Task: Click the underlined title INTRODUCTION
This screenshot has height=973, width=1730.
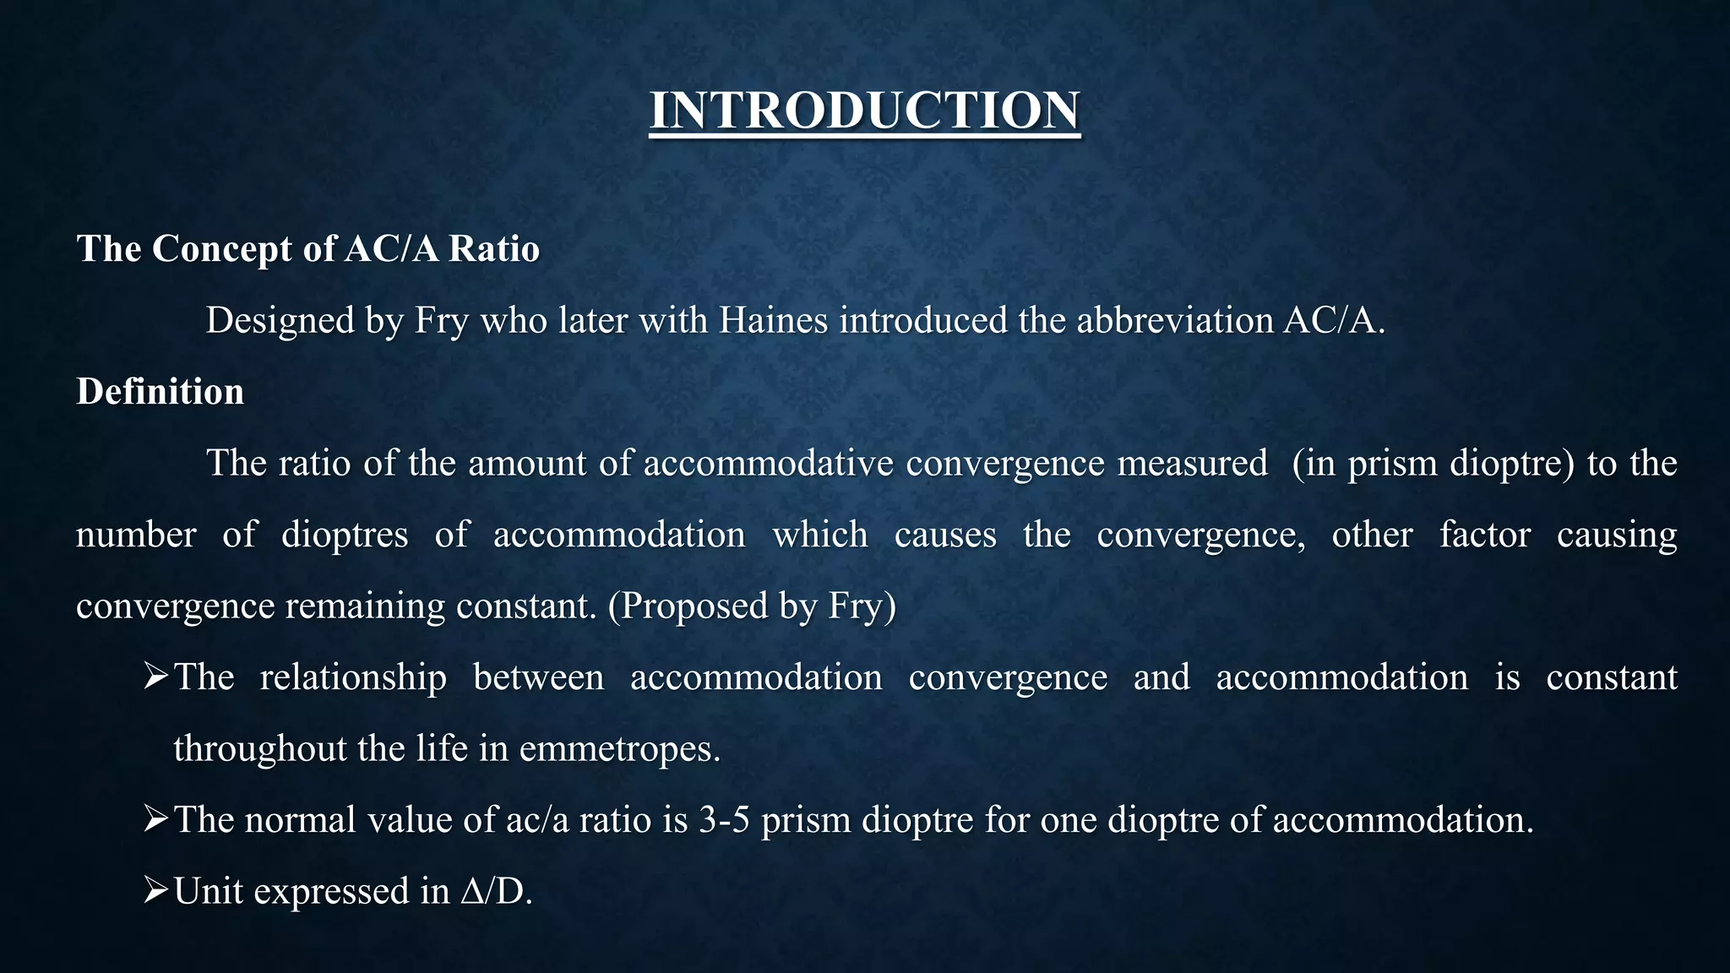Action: tap(864, 111)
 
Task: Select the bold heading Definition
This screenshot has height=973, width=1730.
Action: tap(160, 392)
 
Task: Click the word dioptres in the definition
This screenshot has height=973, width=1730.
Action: tap(345, 535)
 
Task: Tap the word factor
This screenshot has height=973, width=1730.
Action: tap(1484, 535)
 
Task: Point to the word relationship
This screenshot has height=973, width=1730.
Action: tap(353, 677)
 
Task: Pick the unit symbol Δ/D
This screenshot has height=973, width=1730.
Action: tap(496, 892)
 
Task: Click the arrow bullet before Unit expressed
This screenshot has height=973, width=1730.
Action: tap(156, 890)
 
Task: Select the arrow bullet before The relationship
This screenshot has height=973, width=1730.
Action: tap(156, 677)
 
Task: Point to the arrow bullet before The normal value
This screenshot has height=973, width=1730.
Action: tap(156, 818)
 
